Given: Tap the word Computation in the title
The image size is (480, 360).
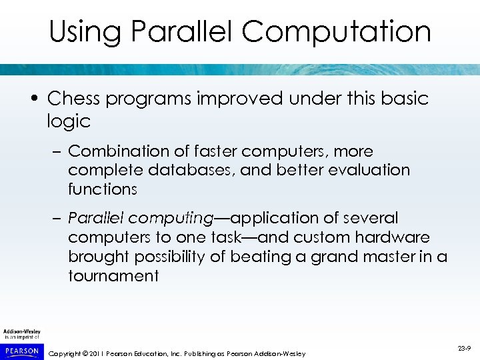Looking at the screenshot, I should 337,32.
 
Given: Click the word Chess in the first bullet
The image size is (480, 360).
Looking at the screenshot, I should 73,99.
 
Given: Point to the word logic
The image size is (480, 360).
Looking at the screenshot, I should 69,121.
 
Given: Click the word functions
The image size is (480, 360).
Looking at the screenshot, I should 102,189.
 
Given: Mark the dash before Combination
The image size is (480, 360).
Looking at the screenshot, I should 57,152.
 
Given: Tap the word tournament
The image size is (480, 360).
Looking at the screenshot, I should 113,275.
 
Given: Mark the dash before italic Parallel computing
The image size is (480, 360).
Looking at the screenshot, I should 57,219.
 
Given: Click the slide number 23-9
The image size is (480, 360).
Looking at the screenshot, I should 464,347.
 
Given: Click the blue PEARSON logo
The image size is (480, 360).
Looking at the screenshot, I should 21,349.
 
